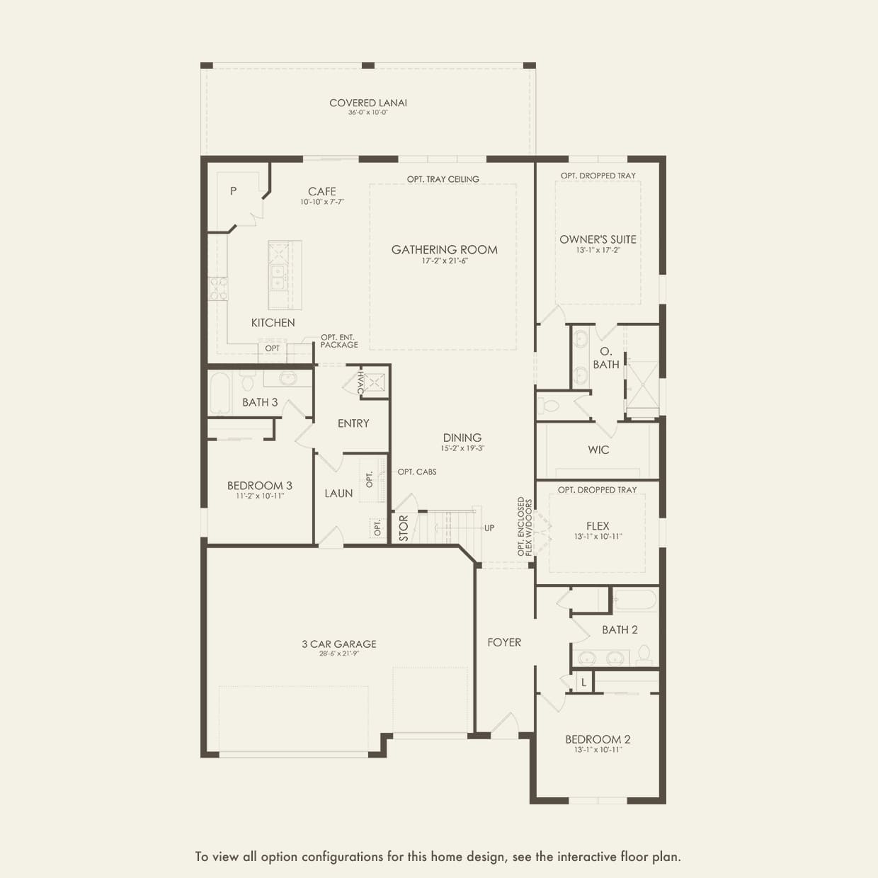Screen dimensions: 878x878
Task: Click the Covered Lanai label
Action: [x=368, y=103]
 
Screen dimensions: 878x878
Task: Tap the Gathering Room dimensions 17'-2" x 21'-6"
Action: [x=445, y=261]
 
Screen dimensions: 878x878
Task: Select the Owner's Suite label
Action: [x=598, y=239]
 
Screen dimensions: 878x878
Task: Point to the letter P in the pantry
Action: [x=233, y=191]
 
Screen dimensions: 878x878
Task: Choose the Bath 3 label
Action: [x=260, y=402]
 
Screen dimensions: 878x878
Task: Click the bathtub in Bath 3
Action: [x=219, y=393]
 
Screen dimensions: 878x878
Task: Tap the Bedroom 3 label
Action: [x=259, y=486]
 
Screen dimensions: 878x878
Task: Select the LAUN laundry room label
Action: [x=338, y=494]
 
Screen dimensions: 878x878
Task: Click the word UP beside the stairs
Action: [x=489, y=528]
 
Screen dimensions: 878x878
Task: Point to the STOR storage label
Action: [x=404, y=528]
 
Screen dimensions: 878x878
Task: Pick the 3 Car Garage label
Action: [x=339, y=644]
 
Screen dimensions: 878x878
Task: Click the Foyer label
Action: [x=504, y=642]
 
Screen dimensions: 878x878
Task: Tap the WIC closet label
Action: [x=598, y=450]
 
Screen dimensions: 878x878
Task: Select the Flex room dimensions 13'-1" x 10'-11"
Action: [x=598, y=537]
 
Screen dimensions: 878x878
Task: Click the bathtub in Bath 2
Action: [x=635, y=600]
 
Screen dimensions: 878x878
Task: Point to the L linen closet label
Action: [x=583, y=683]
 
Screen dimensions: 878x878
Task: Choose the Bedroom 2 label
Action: [x=598, y=739]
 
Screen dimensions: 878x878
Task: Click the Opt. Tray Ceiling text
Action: [x=443, y=179]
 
